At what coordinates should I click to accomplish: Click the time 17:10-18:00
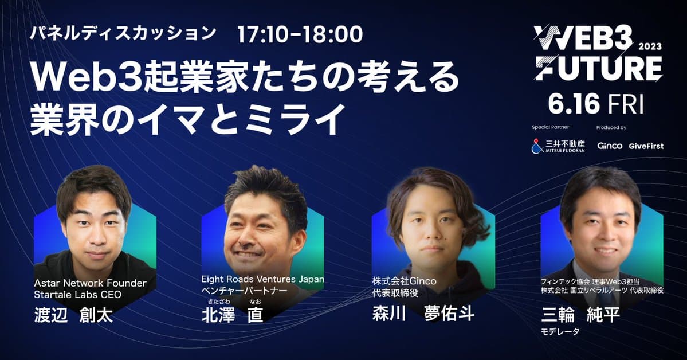coord(300,34)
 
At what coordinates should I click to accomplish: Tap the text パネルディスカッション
coord(123,33)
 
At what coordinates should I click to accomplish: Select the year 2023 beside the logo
coord(649,47)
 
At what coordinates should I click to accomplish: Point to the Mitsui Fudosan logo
coord(558,146)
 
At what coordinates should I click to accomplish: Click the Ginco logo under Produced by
coord(609,146)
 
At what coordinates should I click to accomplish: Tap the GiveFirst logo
coord(646,146)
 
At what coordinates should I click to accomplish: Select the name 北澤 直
coord(232,314)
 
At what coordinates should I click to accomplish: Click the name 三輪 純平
coord(580,314)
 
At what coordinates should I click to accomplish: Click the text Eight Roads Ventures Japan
coord(262,279)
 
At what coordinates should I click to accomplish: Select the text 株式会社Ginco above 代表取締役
coord(404,282)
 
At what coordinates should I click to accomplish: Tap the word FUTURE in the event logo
coord(599,69)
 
